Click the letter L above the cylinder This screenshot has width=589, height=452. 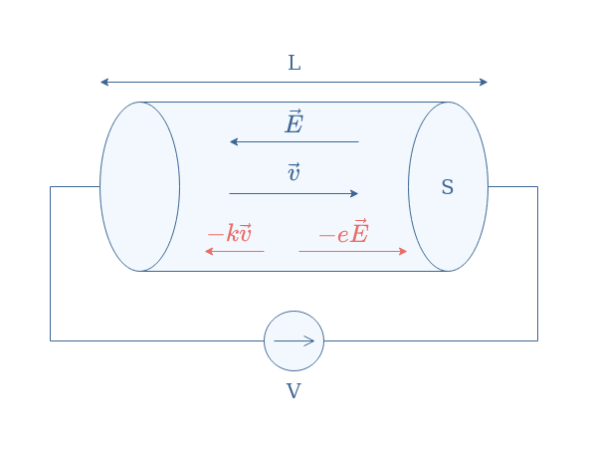[x=294, y=63]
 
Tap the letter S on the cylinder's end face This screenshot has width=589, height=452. [x=448, y=187]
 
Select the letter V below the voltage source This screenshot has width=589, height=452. [x=294, y=391]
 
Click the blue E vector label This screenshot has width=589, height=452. [x=294, y=121]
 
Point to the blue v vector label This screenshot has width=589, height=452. [x=294, y=172]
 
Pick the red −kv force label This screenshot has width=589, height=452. [x=230, y=233]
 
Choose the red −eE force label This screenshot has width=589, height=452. [x=343, y=232]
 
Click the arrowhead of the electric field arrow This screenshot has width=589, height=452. [x=233, y=141]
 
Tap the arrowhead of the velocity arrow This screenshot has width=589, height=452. [x=354, y=194]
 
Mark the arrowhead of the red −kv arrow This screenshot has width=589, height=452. [x=209, y=251]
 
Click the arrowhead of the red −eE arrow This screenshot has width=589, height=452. [x=403, y=251]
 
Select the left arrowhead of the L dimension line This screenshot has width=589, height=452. [x=104, y=82]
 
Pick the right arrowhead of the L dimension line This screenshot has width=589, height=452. [x=484, y=82]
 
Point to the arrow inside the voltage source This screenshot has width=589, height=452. [x=294, y=341]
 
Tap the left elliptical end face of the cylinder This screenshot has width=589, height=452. [x=99, y=186]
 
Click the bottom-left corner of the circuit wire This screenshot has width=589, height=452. [x=51, y=341]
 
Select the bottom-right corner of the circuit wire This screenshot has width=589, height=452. [x=537, y=341]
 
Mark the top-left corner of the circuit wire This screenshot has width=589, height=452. [x=51, y=186]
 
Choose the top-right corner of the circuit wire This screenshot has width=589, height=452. [x=537, y=186]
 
